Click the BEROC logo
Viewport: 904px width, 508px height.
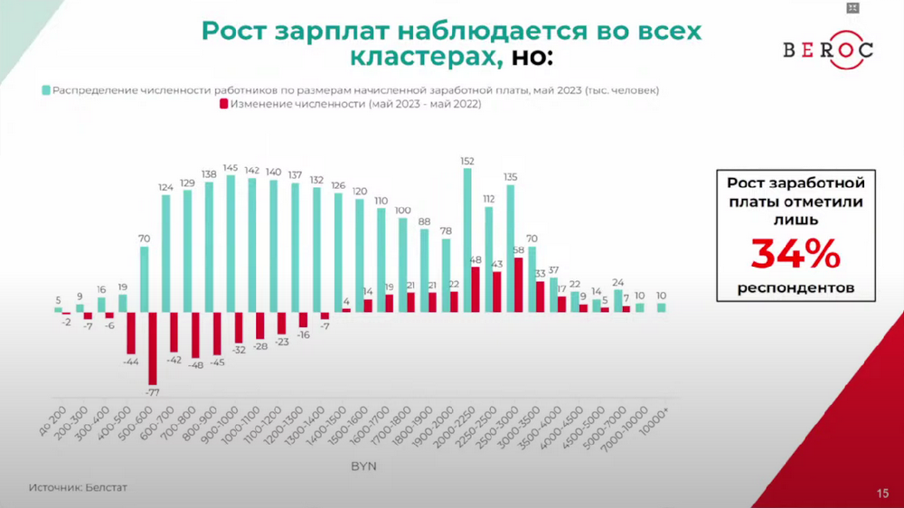point(827,50)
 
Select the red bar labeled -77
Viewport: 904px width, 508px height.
point(153,348)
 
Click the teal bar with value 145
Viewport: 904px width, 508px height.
point(231,243)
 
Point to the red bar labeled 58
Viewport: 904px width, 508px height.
point(518,285)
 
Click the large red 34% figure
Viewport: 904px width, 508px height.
point(796,256)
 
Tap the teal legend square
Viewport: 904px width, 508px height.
point(44,90)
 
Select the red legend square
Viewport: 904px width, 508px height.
point(223,105)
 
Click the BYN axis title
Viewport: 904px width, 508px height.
point(363,466)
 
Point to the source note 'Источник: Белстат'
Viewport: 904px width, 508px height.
point(78,487)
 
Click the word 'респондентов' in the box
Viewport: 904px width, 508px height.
point(796,289)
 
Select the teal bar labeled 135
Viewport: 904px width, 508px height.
point(510,248)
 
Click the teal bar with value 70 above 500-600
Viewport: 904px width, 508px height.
point(145,279)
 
